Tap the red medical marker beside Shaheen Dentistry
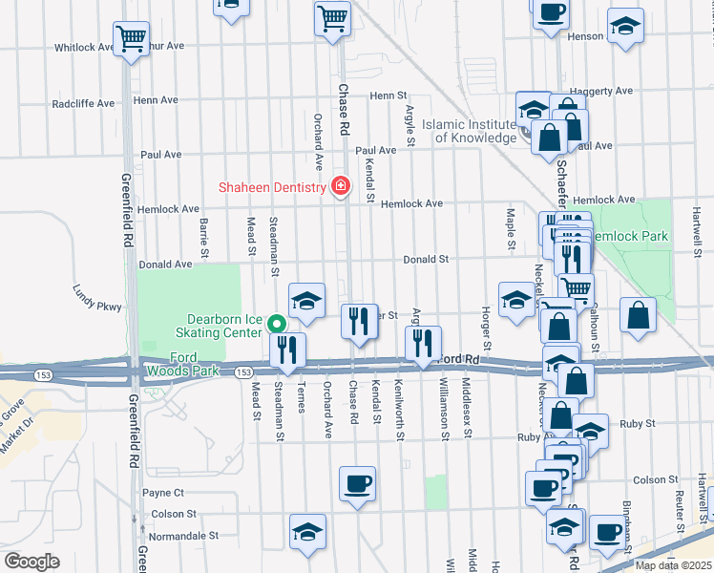[x=338, y=186]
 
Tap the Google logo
[x=31, y=562]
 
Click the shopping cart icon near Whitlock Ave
[x=131, y=39]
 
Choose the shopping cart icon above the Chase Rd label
[x=332, y=18]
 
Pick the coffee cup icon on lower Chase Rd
[x=358, y=483]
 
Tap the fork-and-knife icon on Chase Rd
[x=360, y=320]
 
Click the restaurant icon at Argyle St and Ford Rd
[x=423, y=342]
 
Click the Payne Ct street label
[x=162, y=493]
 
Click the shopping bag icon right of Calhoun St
[x=638, y=316]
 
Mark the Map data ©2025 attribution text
[x=673, y=565]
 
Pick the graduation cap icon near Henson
[x=626, y=26]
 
